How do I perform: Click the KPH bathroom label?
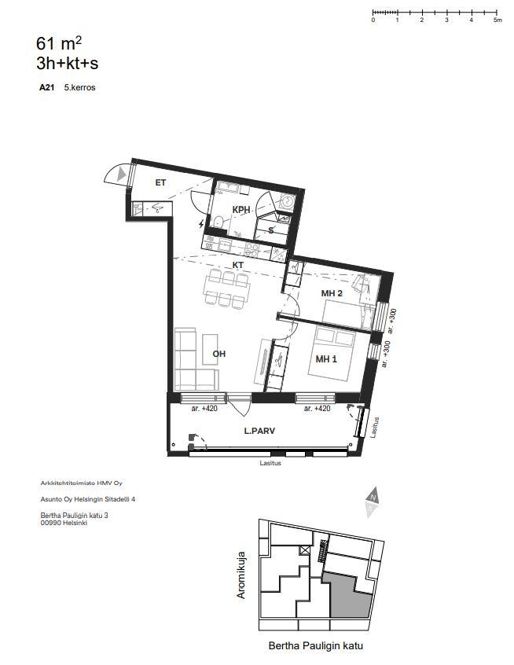pos(241,210)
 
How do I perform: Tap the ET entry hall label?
pos(160,183)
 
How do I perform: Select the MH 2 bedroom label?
pos(332,293)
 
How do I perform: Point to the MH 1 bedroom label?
pos(326,359)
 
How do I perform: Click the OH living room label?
pos(219,354)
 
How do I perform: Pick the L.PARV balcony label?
pos(259,431)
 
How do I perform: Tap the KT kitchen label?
pos(238,265)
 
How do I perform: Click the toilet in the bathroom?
pos(218,221)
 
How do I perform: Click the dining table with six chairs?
pos(226,289)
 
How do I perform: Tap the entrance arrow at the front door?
pos(122,175)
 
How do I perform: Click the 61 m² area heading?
pos(59,43)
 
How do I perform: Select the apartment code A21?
pos(46,88)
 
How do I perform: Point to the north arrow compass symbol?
pos(372,502)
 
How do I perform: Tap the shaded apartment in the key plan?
pos(349,594)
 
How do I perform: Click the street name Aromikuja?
pos(240,575)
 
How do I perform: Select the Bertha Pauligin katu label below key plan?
pos(315,646)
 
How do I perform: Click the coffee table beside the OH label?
pos(210,350)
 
